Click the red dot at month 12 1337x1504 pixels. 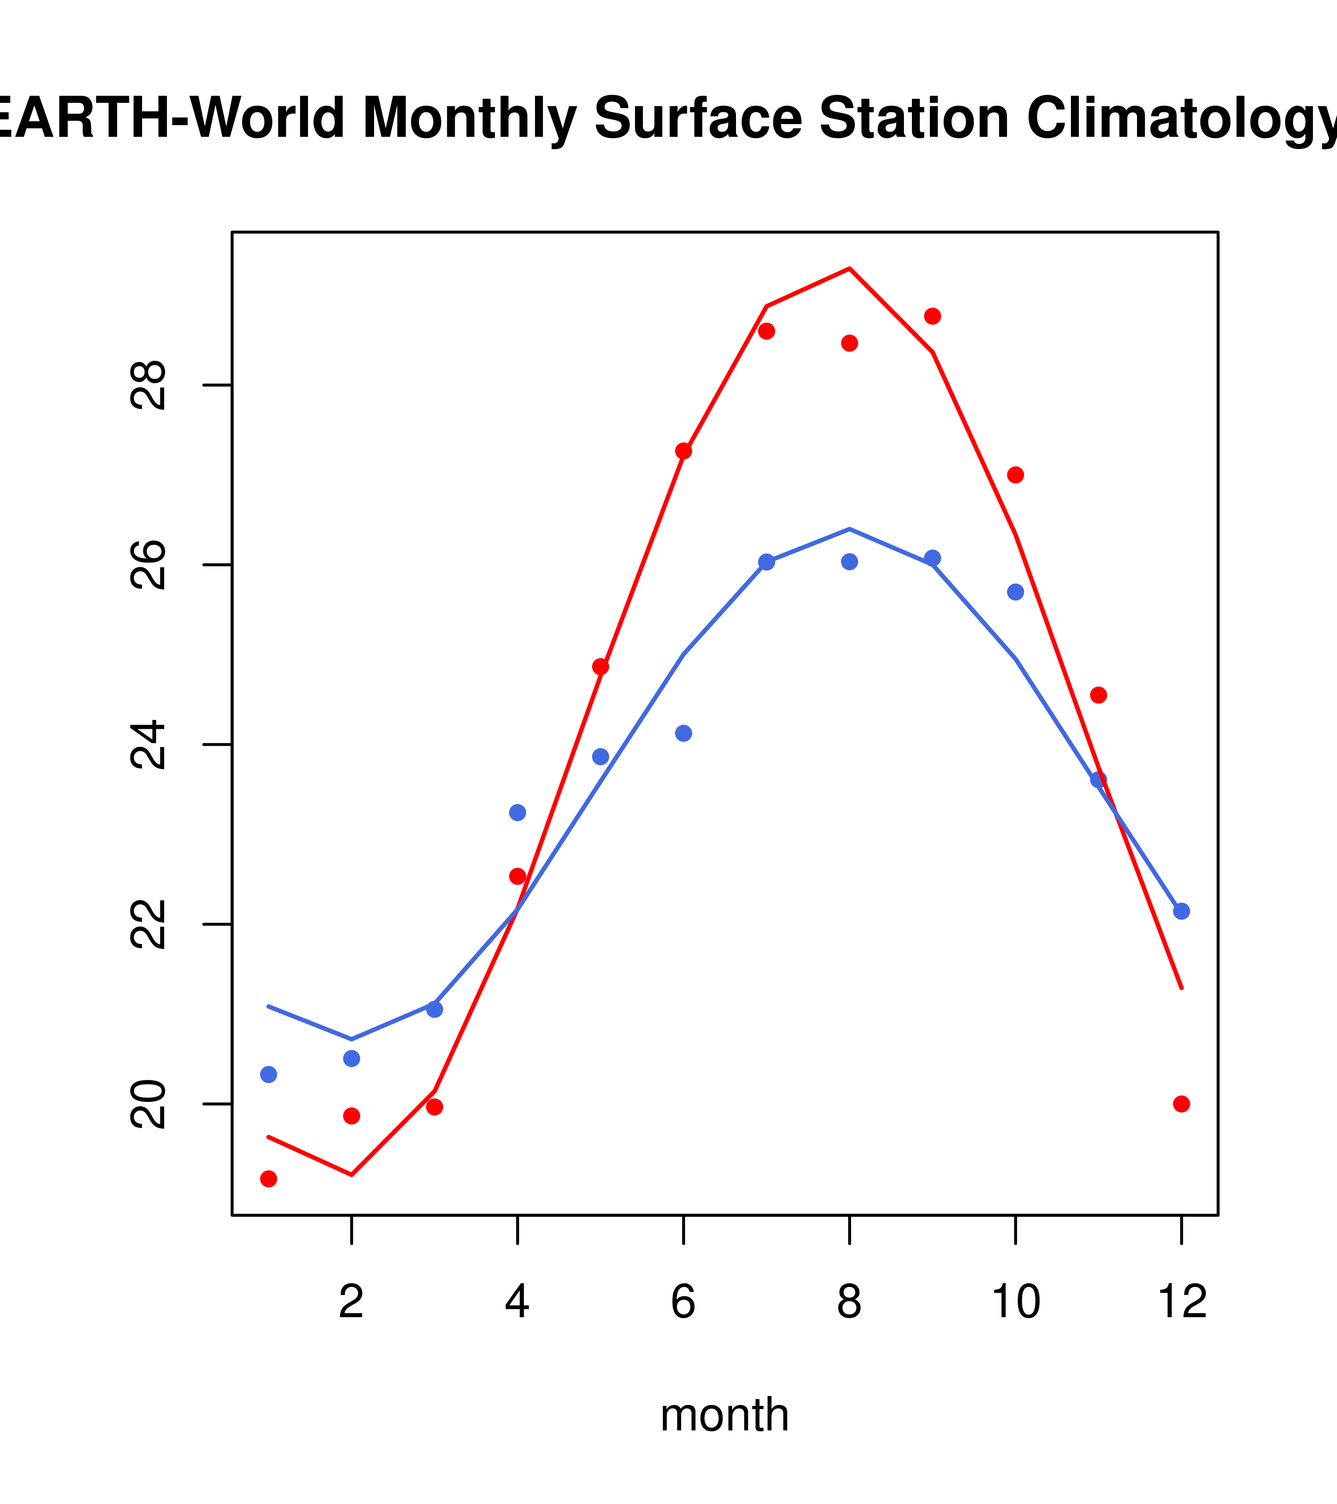point(1181,1104)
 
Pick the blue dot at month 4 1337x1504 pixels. point(517,812)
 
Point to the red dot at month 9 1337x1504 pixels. point(932,317)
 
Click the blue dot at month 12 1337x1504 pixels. point(1181,911)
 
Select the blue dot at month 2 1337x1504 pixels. point(352,1058)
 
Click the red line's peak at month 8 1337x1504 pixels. point(849,268)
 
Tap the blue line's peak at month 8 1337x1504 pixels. point(849,529)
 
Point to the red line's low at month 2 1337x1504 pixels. point(352,1174)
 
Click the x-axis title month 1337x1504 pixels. point(725,1414)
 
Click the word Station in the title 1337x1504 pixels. point(913,118)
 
